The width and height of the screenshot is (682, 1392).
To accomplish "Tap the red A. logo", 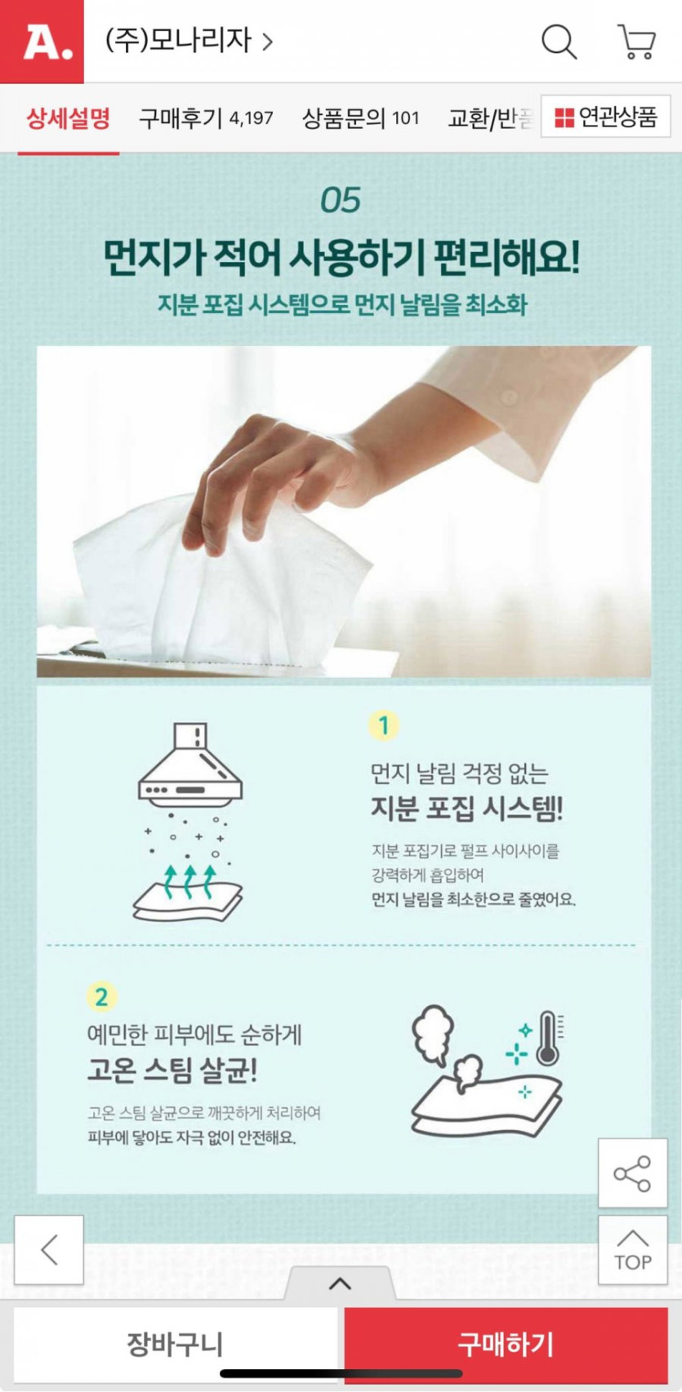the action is (42, 41).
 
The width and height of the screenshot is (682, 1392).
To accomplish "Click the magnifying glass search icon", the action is (559, 42).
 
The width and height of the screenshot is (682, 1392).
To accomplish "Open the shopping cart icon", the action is (636, 42).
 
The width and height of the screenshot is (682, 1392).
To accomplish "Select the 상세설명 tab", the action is (69, 117).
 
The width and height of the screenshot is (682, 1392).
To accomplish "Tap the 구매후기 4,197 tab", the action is (206, 117).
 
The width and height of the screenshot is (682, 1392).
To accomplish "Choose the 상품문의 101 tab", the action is (360, 117).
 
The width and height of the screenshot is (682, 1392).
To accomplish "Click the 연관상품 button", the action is (605, 116).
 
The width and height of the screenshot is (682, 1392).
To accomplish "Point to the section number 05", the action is (341, 200).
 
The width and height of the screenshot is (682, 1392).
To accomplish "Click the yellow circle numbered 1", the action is (383, 725).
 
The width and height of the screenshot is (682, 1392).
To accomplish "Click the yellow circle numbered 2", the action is (102, 997).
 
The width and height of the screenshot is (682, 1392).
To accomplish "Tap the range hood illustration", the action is (189, 761).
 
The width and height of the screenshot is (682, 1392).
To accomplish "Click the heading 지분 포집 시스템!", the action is (466, 809).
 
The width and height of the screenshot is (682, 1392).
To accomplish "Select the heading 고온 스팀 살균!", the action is (172, 1070).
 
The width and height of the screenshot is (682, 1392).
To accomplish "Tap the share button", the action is (632, 1173).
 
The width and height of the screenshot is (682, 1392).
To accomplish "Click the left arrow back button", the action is (49, 1250).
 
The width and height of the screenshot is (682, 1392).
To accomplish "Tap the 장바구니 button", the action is (175, 1344).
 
